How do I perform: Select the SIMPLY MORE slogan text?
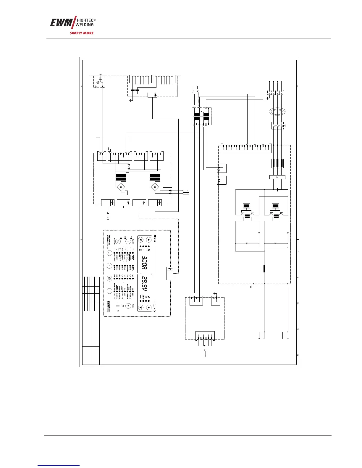(82, 33)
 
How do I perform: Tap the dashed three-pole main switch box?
(277, 126)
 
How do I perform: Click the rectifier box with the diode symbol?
(277, 177)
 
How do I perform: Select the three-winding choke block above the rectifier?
(277, 163)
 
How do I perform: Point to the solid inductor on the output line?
(264, 269)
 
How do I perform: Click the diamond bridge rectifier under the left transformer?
(121, 187)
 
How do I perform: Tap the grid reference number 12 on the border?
(298, 355)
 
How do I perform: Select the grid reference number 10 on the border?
(298, 303)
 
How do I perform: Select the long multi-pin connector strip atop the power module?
(246, 147)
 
